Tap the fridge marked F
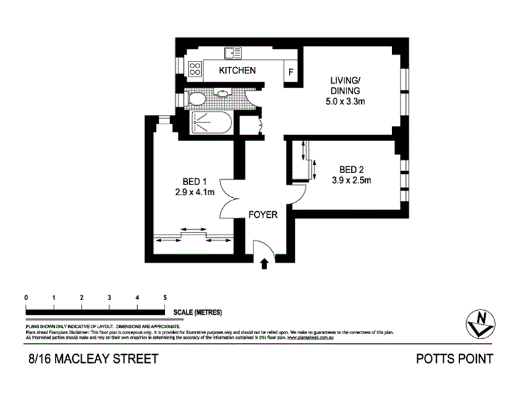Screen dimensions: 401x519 (291, 72)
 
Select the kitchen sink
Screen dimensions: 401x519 (232, 53)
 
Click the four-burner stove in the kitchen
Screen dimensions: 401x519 (195, 68)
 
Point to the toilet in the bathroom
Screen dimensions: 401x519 (197, 100)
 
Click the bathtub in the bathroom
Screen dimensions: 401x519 (211, 124)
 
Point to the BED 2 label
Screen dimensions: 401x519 (351, 168)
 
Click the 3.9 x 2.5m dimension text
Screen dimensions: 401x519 (351, 180)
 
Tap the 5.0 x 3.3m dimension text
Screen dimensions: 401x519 (346, 102)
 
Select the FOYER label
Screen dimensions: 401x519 (263, 215)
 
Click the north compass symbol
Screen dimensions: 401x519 (480, 322)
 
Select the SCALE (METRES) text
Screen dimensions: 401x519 (197, 313)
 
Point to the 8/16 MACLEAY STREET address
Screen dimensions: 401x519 (93, 359)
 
